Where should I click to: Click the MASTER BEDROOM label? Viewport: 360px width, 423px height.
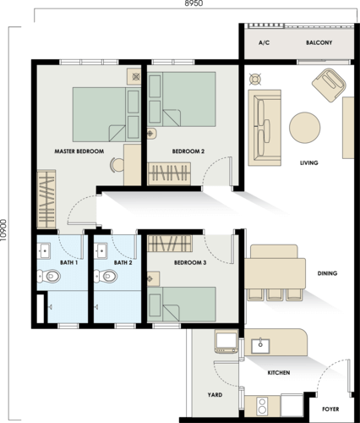pos(79,151)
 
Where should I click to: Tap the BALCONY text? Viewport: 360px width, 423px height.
pos(319,42)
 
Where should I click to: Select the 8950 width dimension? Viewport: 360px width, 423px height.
pos(194,3)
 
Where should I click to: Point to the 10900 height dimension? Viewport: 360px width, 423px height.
pos(3,230)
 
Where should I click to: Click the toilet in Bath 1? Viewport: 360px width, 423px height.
pos(49,276)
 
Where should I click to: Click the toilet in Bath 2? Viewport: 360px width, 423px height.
pos(106,276)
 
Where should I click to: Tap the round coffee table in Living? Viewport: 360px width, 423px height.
pos(304,128)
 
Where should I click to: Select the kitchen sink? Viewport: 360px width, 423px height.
pos(260,346)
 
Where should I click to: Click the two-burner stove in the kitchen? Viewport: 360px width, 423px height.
pos(262,406)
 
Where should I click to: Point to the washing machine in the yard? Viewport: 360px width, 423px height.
pos(226,342)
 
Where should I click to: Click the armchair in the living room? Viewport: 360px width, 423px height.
pos(329,85)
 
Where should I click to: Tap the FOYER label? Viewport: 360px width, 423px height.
pos(330,409)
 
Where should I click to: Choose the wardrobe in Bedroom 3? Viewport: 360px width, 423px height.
pos(170,244)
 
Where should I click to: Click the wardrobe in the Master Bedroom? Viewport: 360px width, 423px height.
pos(46,199)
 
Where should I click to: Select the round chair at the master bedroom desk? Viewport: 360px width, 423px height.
pos(117,165)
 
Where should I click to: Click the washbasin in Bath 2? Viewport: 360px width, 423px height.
pos(101,250)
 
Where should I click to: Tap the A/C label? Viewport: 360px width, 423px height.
pos(264,42)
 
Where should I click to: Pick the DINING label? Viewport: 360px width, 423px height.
pos(327,273)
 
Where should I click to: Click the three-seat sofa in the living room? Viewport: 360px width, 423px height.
pos(265,128)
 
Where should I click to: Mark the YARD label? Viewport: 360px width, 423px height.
pos(215,395)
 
